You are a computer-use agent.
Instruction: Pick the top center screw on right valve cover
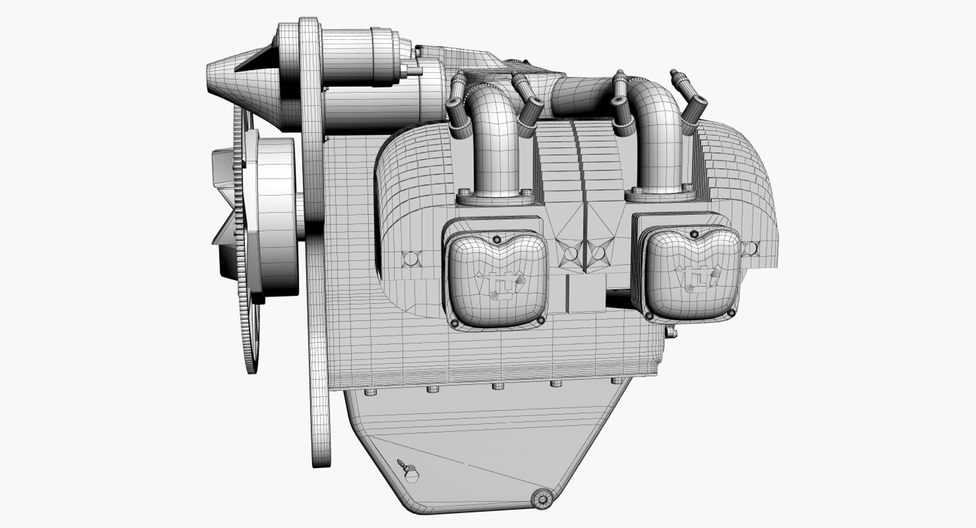coord(692,233)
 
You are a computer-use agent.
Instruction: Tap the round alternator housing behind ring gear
coord(274,214)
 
